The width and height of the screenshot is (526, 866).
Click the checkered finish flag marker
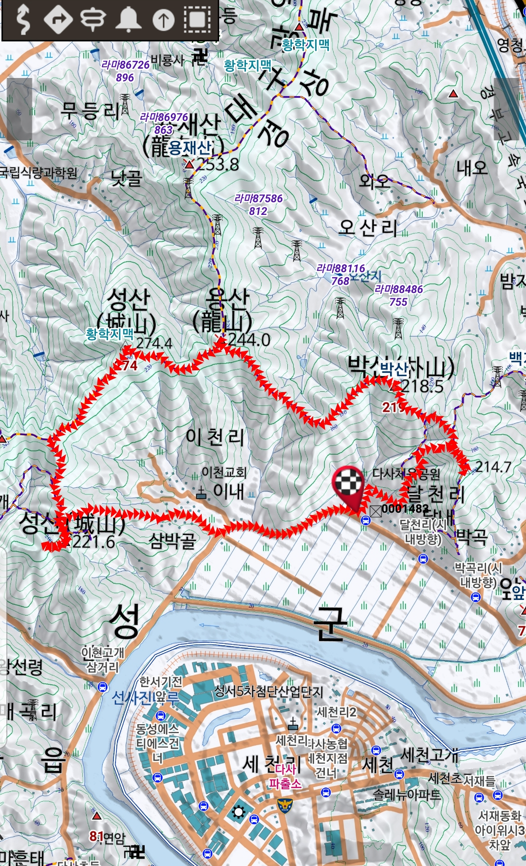[348, 483]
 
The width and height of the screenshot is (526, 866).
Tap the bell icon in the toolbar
[129, 19]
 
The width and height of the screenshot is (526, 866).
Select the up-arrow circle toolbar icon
[163, 20]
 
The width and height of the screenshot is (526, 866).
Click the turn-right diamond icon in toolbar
[58, 19]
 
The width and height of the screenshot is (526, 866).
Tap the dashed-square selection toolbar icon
[197, 19]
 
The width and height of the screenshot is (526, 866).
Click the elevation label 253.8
[218, 165]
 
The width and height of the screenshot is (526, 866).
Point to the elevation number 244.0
[249, 340]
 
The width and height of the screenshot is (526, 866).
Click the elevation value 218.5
[422, 386]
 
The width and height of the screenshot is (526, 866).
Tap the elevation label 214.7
[493, 467]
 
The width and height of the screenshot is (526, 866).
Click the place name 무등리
[90, 111]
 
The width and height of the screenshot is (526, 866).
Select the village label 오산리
[368, 228]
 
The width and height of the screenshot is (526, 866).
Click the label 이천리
[215, 437]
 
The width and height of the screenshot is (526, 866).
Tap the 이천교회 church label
[224, 472]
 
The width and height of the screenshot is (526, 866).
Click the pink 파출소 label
[285, 784]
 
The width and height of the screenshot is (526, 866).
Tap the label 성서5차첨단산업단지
[268, 691]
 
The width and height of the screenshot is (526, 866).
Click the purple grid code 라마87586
[259, 198]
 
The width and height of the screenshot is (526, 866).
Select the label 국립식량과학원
[38, 173]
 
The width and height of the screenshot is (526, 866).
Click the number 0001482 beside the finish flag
[406, 509]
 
